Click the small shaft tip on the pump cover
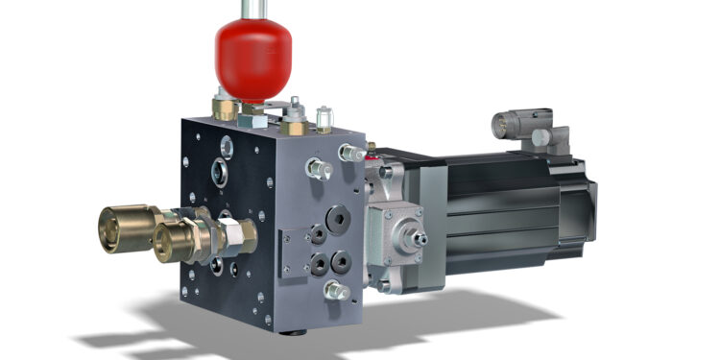tap(420, 234)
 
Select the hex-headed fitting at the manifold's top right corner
tap(351, 152)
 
